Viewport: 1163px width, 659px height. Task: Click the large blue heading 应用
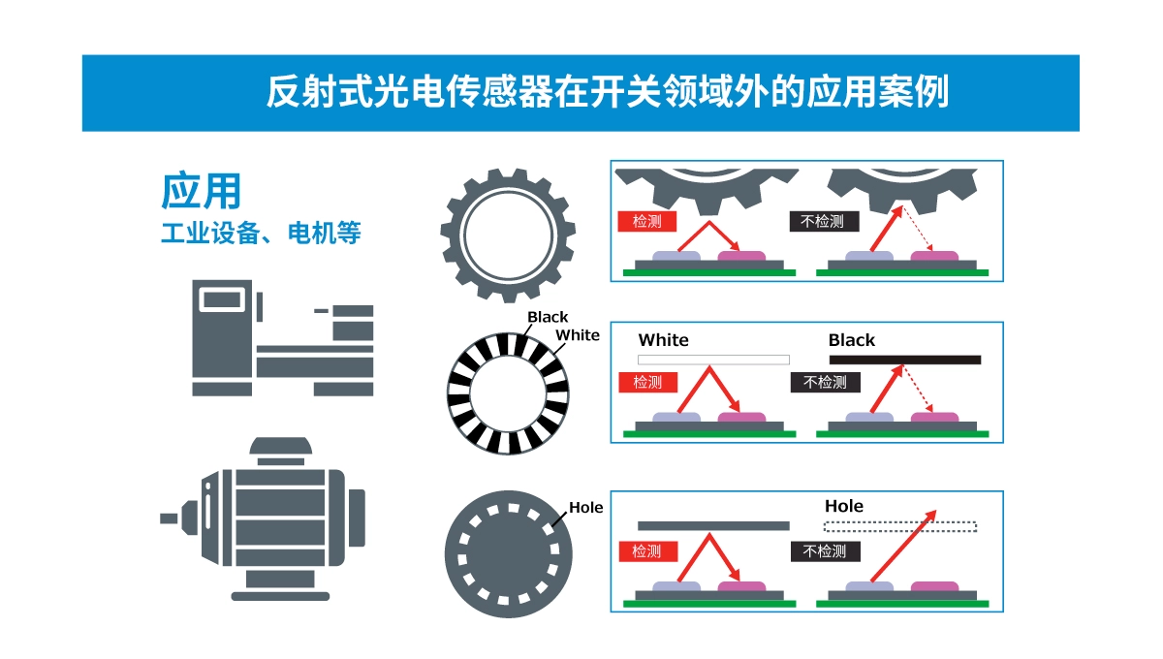[201, 192]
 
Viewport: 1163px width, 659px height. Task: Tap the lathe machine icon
[282, 337]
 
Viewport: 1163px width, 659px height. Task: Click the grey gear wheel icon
[508, 235]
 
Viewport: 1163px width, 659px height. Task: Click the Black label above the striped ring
[548, 317]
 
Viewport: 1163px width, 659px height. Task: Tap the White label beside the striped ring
[577, 335]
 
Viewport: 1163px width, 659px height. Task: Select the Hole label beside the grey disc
[585, 507]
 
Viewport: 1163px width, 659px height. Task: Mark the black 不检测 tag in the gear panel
[823, 221]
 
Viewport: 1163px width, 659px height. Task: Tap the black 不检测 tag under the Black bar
[825, 382]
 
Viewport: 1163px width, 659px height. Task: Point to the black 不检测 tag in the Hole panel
[825, 550]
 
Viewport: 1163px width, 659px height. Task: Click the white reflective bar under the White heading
[713, 360]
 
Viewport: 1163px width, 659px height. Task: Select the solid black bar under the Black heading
[904, 360]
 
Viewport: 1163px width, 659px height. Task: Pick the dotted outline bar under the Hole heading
[899, 527]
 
